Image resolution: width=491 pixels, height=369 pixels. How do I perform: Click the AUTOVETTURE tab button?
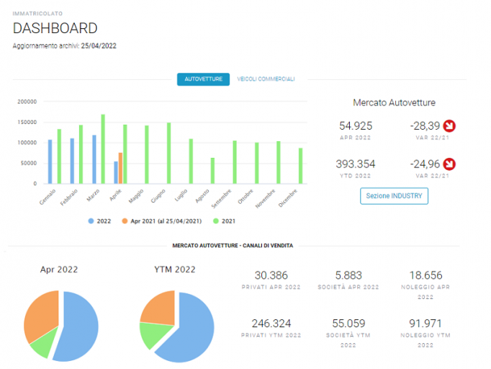(x=203, y=79)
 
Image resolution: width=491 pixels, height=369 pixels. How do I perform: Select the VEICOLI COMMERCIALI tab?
(x=266, y=79)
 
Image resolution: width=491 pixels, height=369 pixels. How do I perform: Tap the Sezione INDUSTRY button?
(x=394, y=196)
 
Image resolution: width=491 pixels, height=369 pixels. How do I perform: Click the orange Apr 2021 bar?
(x=120, y=168)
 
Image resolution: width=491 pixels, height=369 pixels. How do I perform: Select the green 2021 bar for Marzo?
(x=103, y=149)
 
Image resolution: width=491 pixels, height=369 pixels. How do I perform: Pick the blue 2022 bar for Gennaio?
(x=50, y=161)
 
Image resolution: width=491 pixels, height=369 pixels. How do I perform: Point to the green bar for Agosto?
(x=212, y=171)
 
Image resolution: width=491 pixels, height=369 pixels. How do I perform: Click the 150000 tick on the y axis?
(x=27, y=123)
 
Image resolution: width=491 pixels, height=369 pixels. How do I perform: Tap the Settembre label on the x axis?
(x=222, y=199)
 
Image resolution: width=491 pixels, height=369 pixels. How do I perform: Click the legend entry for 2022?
(x=99, y=221)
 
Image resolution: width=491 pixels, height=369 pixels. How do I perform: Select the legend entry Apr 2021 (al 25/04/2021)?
(x=161, y=221)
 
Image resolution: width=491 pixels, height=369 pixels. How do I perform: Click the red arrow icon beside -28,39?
(x=449, y=126)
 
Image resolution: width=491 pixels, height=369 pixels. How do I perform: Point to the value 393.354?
(x=356, y=164)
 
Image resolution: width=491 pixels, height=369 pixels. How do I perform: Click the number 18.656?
(x=426, y=275)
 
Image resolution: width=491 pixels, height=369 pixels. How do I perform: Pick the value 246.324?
(x=271, y=323)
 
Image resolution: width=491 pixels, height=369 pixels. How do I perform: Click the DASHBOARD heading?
(x=55, y=28)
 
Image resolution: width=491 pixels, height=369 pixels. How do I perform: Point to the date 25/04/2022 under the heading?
(x=99, y=46)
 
